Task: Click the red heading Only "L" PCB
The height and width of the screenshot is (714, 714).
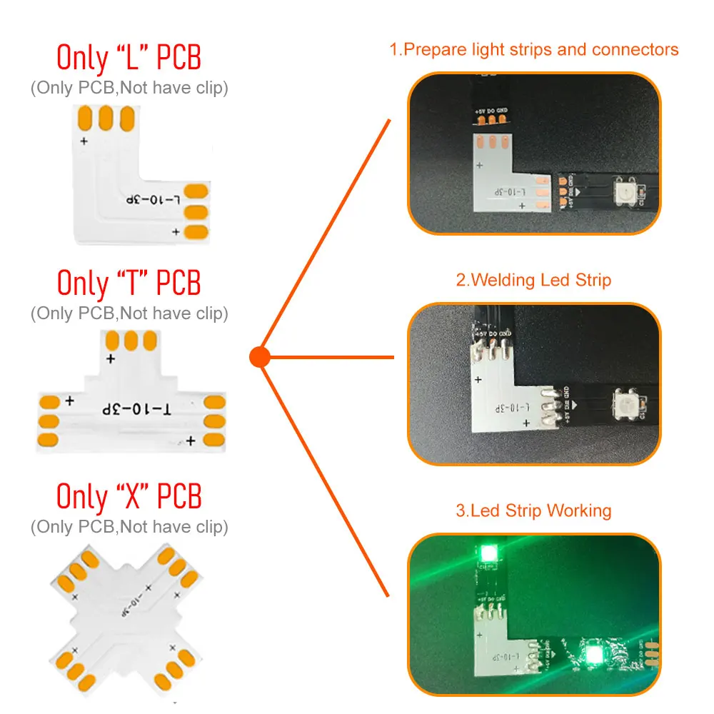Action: tap(129, 58)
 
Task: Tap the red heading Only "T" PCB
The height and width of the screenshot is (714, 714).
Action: tap(129, 283)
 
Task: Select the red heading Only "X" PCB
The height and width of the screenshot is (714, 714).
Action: tap(129, 496)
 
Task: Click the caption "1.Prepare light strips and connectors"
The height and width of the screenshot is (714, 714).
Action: tap(533, 50)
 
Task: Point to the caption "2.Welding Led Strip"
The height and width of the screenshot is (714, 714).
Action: tap(533, 280)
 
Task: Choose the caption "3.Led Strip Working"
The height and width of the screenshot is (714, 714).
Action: tap(533, 511)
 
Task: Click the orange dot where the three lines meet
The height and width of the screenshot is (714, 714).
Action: tap(260, 356)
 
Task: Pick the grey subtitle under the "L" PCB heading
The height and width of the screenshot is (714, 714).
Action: tap(129, 89)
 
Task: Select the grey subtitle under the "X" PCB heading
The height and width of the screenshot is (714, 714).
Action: tap(129, 527)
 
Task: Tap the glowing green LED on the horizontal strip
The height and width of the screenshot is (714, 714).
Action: tap(593, 653)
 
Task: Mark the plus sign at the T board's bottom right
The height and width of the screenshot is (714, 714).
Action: tap(191, 441)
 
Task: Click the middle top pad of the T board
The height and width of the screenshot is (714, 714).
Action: tap(130, 340)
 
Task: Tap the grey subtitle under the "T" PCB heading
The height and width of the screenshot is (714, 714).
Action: tap(129, 313)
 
